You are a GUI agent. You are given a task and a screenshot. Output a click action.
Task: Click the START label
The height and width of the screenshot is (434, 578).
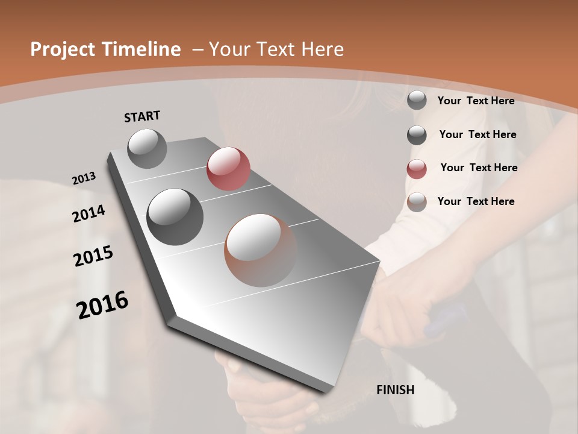coord(142,116)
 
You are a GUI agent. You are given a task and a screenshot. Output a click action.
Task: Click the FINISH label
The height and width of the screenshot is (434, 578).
coord(395,390)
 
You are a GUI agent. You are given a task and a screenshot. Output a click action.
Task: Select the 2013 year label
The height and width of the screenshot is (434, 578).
coord(84,178)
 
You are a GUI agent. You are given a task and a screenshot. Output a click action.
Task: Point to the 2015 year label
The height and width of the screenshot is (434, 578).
coord(93,256)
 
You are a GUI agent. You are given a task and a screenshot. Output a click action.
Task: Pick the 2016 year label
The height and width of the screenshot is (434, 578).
coord(102,305)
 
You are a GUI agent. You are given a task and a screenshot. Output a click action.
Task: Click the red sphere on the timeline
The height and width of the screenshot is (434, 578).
coord(228,169)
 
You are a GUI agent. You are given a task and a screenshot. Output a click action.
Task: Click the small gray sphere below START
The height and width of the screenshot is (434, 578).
coord(147,148)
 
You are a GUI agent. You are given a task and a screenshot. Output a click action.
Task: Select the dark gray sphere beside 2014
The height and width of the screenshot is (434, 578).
coord(175,216)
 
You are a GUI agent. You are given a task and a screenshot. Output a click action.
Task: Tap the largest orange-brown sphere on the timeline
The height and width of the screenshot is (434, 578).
coord(261,250)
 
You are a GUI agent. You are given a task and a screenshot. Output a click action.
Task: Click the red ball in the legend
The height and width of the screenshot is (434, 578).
coord(417,169)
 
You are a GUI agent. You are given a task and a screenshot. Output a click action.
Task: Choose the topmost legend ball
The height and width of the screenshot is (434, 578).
coord(417,100)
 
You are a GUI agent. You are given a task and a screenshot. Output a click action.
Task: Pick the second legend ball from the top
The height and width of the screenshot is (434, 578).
coord(417,135)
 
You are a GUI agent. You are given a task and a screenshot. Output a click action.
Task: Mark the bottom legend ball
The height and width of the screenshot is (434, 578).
coord(417,202)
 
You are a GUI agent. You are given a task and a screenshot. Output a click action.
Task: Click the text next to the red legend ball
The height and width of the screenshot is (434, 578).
coord(479,168)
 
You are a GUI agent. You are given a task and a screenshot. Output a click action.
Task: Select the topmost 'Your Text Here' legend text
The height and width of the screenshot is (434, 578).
coord(476,101)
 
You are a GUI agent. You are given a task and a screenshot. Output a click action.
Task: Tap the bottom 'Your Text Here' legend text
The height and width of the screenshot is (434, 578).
coord(476,201)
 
